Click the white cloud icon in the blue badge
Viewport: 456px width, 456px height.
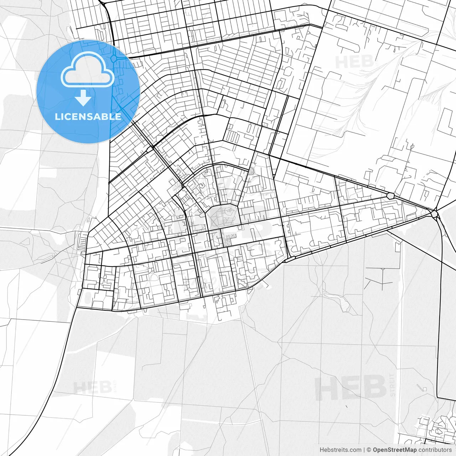(x=88, y=70)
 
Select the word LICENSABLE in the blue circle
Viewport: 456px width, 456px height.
(x=88, y=116)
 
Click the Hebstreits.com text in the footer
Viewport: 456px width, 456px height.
(x=340, y=450)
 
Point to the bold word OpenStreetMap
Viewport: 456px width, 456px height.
(x=395, y=450)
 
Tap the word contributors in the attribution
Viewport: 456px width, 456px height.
(x=435, y=450)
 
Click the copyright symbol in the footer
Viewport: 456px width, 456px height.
(x=369, y=450)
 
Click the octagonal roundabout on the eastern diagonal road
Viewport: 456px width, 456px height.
(x=391, y=196)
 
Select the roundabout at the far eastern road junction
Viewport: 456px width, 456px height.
(x=434, y=214)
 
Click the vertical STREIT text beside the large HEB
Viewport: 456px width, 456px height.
(x=393, y=385)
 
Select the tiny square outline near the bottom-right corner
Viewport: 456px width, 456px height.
(x=424, y=388)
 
